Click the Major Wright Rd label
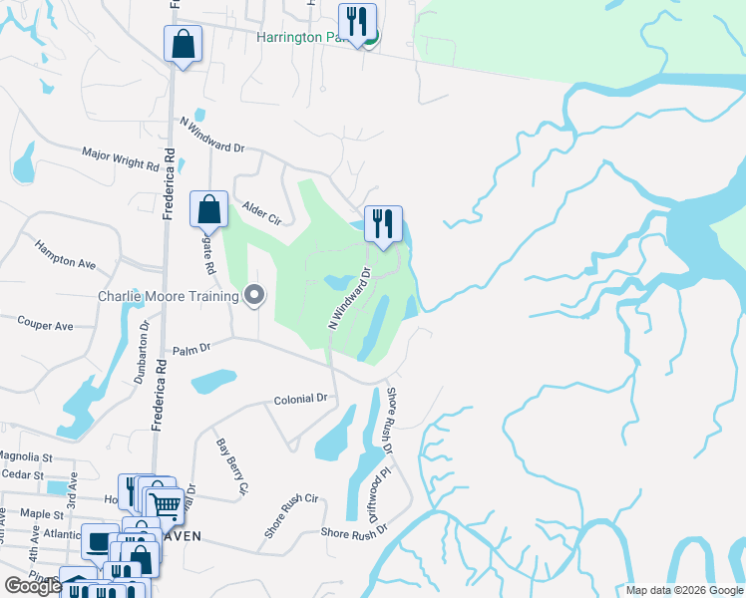click(x=121, y=159)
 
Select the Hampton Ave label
click(x=65, y=254)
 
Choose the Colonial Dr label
click(x=301, y=399)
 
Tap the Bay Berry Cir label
click(x=231, y=465)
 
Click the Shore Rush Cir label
click(x=290, y=515)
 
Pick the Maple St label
click(x=41, y=513)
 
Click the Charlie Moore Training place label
click(x=169, y=295)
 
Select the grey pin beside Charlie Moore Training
click(x=254, y=294)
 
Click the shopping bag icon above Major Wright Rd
click(x=183, y=44)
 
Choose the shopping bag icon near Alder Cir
click(x=208, y=209)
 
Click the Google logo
click(x=33, y=586)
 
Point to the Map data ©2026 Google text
click(x=683, y=590)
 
